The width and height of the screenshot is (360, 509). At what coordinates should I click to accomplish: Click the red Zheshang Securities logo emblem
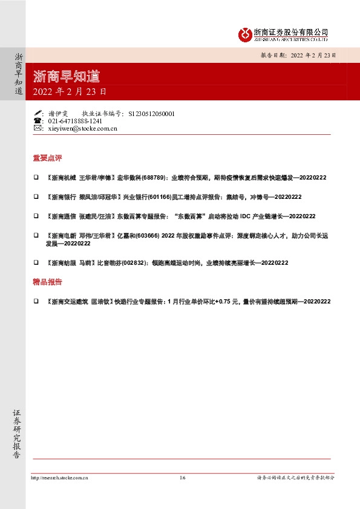[244, 34]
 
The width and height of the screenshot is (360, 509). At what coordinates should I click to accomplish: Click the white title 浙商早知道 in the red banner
[67, 77]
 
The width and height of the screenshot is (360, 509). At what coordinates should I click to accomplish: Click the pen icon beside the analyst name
[38, 113]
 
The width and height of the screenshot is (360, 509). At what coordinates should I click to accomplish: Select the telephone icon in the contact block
[38, 121]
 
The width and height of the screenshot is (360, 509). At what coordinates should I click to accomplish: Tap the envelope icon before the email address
[38, 128]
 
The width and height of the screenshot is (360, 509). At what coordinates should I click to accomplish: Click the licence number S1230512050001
[151, 113]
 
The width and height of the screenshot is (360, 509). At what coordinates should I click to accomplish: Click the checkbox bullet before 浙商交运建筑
[36, 301]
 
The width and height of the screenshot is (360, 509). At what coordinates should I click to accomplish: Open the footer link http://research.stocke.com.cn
[59, 478]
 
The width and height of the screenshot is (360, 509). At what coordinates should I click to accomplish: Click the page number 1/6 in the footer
[182, 478]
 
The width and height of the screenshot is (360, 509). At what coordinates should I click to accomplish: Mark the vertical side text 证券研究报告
[18, 434]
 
